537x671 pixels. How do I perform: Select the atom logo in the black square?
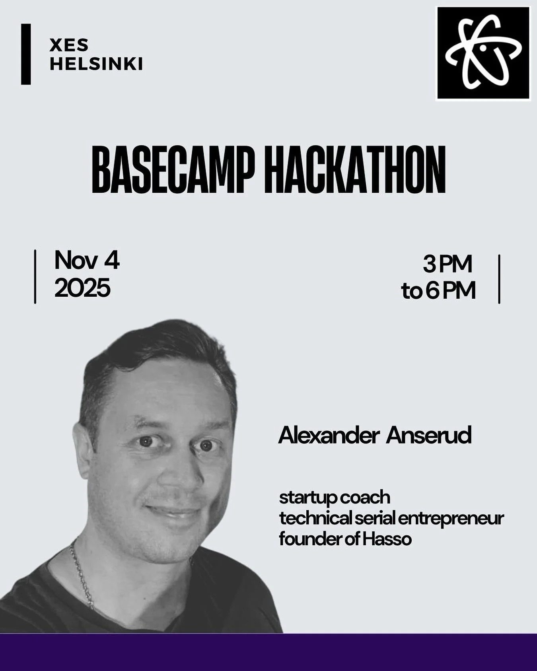(483, 53)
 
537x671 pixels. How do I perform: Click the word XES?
(69, 45)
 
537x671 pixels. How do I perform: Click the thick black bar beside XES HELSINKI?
(26, 54)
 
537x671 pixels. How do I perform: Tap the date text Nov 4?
(87, 261)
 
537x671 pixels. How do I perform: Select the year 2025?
(82, 288)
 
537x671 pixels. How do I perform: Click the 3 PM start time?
(447, 264)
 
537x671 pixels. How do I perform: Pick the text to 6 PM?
(438, 291)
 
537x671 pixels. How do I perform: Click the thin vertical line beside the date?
(35, 276)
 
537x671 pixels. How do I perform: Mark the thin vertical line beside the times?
(499, 279)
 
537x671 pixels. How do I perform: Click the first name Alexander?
(329, 436)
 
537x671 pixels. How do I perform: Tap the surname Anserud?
(428, 436)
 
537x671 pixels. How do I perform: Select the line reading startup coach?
(335, 498)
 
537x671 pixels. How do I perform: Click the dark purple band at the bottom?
(268, 652)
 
